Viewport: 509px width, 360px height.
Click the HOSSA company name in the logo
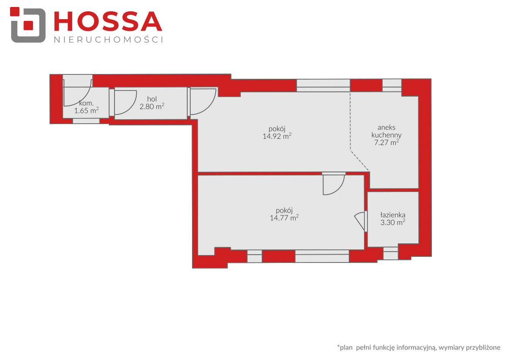pyautogui.click(x=108, y=22)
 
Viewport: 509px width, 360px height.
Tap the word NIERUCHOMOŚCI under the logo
pyautogui.click(x=108, y=40)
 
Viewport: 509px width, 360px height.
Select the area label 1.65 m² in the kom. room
pyautogui.click(x=86, y=111)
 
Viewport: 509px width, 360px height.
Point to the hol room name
pyautogui.click(x=152, y=99)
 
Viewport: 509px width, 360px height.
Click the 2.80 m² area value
pyautogui.click(x=152, y=107)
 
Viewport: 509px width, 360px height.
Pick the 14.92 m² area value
pyautogui.click(x=277, y=136)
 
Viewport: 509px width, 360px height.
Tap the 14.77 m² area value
pyautogui.click(x=284, y=218)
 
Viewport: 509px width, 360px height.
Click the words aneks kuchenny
pyautogui.click(x=386, y=131)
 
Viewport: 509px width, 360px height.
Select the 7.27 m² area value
pyautogui.click(x=386, y=142)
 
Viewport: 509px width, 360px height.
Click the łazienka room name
pyautogui.click(x=393, y=215)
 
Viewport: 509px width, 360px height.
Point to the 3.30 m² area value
pyautogui.click(x=393, y=222)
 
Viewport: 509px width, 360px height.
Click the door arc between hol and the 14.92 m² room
pyautogui.click(x=209, y=105)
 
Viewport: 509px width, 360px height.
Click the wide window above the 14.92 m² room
pyautogui.click(x=324, y=85)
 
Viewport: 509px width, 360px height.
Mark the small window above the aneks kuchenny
pyautogui.click(x=392, y=85)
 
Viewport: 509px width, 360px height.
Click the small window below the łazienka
pyautogui.click(x=391, y=253)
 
